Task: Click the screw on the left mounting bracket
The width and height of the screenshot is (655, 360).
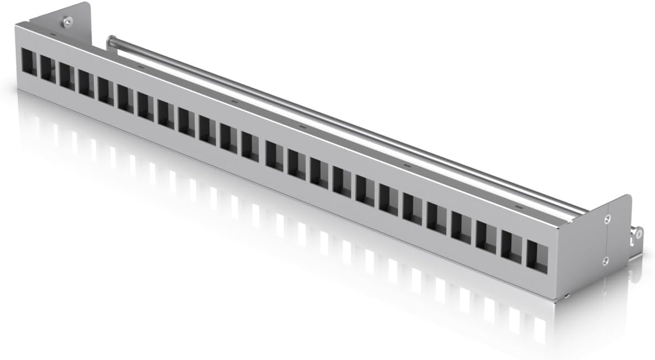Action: [x=67, y=22]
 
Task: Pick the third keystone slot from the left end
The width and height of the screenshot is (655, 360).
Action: [x=67, y=76]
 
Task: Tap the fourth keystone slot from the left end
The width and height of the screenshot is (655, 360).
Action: [x=86, y=83]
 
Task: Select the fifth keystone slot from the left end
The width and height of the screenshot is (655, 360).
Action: [x=106, y=91]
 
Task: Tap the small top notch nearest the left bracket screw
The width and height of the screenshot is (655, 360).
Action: [x=52, y=34]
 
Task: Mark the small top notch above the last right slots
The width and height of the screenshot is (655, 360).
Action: [x=518, y=207]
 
